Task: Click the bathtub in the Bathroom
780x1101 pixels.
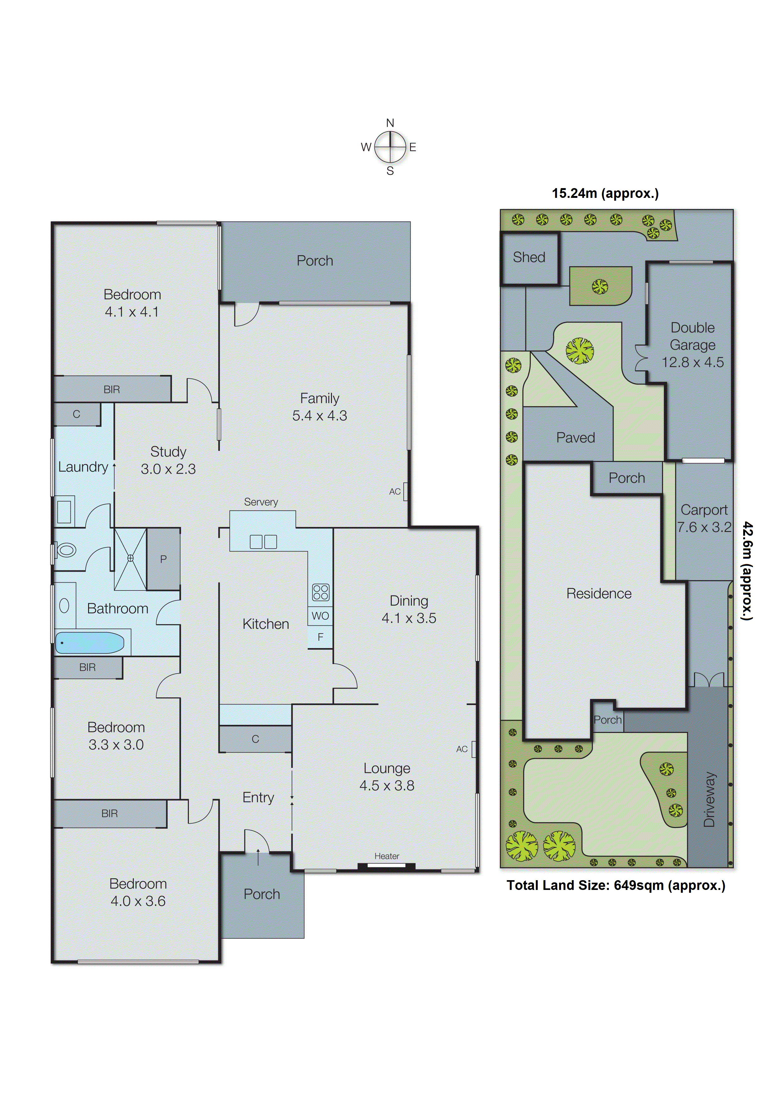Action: [x=90, y=642]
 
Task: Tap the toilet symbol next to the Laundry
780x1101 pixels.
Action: [x=66, y=550]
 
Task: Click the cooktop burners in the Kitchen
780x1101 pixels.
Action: [x=320, y=592]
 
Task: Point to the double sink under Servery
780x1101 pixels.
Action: [x=263, y=542]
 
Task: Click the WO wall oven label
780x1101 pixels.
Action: [x=320, y=616]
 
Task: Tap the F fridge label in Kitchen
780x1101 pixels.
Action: [x=320, y=637]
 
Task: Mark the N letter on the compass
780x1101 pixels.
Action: [x=390, y=123]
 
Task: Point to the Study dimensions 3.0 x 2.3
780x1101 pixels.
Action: [x=168, y=469]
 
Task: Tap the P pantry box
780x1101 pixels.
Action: [x=163, y=559]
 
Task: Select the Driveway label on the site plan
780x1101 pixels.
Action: [x=710, y=799]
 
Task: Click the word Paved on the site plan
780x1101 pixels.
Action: [x=575, y=438]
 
